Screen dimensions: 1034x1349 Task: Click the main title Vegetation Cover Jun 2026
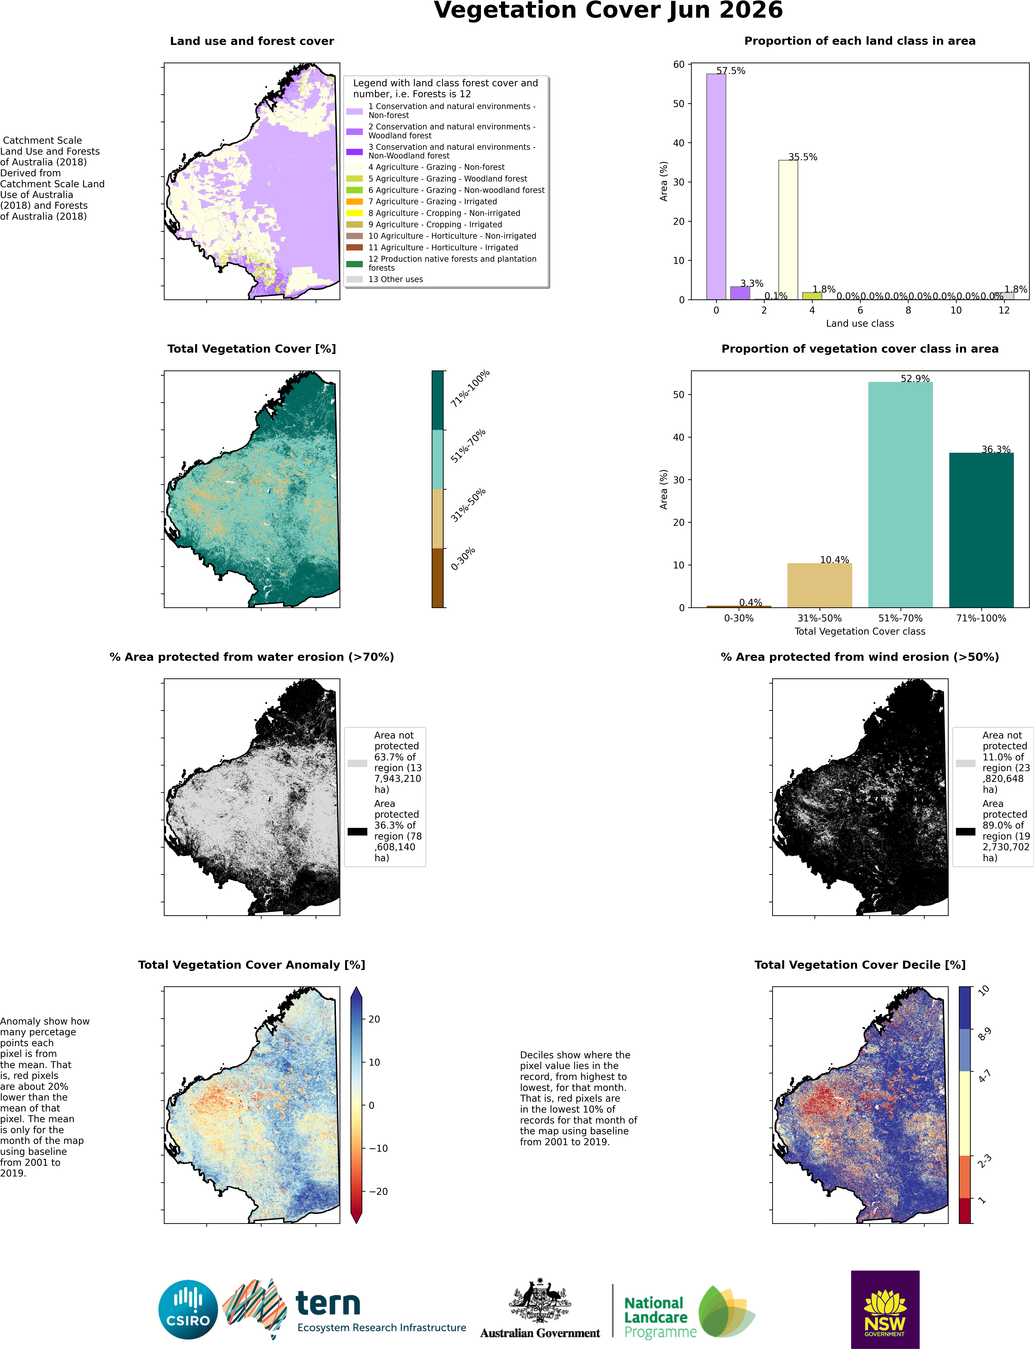tap(608, 11)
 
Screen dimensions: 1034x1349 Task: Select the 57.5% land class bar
tap(716, 186)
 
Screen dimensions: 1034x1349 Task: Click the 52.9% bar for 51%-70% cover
tap(901, 495)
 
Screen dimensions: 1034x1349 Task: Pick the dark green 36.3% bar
tap(981, 530)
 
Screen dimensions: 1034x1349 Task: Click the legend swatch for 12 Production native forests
tap(355, 264)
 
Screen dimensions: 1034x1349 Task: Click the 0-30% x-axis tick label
tap(739, 618)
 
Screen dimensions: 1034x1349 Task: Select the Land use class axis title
tap(860, 324)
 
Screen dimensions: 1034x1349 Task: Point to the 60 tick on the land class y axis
tap(679, 65)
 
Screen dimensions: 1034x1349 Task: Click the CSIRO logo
tap(188, 1310)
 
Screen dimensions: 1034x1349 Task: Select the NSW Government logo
tap(885, 1310)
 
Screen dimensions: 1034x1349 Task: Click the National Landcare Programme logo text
tap(660, 1318)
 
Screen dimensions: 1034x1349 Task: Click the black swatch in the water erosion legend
tap(357, 832)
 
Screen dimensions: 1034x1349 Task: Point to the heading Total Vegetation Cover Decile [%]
tap(860, 964)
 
